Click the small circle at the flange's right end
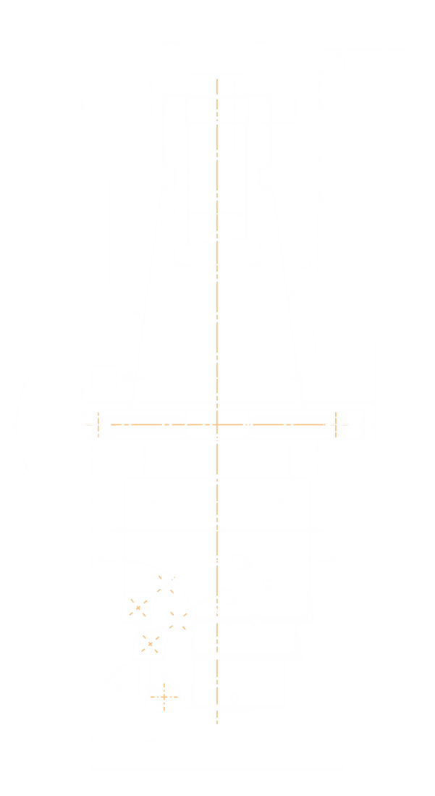tap(336, 424)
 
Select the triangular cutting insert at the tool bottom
tap(164, 695)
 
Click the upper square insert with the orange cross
tap(138, 607)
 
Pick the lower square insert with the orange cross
tap(150, 643)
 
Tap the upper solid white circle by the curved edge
tap(166, 585)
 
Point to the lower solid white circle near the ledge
tap(177, 620)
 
